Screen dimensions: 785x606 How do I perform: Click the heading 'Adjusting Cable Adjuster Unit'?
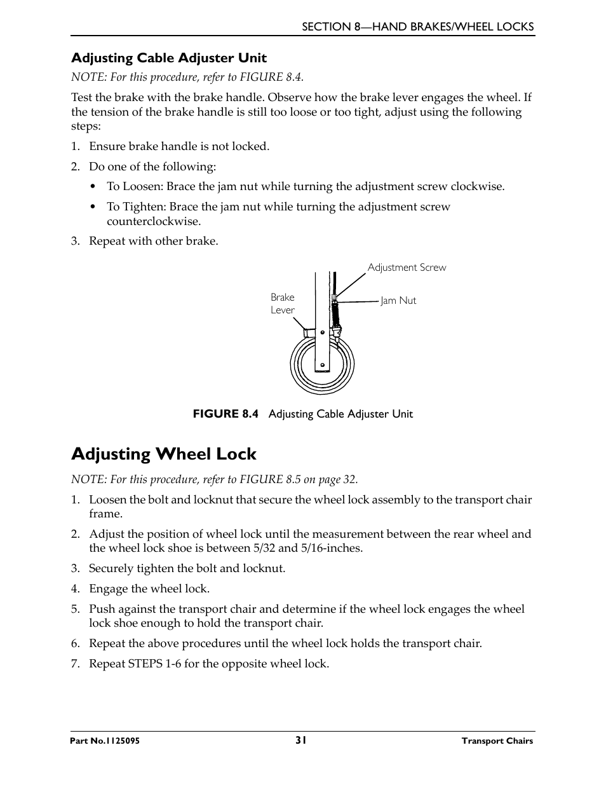(168, 58)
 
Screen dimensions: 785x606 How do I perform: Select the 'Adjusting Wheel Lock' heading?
(164, 454)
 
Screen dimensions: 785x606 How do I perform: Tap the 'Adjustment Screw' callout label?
(407, 268)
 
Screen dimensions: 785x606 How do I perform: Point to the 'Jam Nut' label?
(398, 301)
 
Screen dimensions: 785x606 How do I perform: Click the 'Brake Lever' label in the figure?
(283, 304)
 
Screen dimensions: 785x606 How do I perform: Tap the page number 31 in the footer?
(301, 740)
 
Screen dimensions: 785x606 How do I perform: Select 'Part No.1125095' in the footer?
(105, 741)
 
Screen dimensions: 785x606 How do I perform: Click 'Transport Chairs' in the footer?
(497, 741)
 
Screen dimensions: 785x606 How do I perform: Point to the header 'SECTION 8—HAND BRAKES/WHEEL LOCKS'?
(417, 27)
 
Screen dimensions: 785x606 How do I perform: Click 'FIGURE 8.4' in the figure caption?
(226, 414)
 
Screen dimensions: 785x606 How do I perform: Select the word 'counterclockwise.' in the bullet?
(154, 221)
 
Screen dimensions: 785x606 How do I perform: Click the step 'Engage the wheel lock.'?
(149, 589)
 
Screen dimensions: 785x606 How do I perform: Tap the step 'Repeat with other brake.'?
(153, 241)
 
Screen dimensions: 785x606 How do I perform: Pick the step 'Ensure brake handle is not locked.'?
(178, 146)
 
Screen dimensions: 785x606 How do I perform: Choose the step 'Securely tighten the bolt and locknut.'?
(187, 568)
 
